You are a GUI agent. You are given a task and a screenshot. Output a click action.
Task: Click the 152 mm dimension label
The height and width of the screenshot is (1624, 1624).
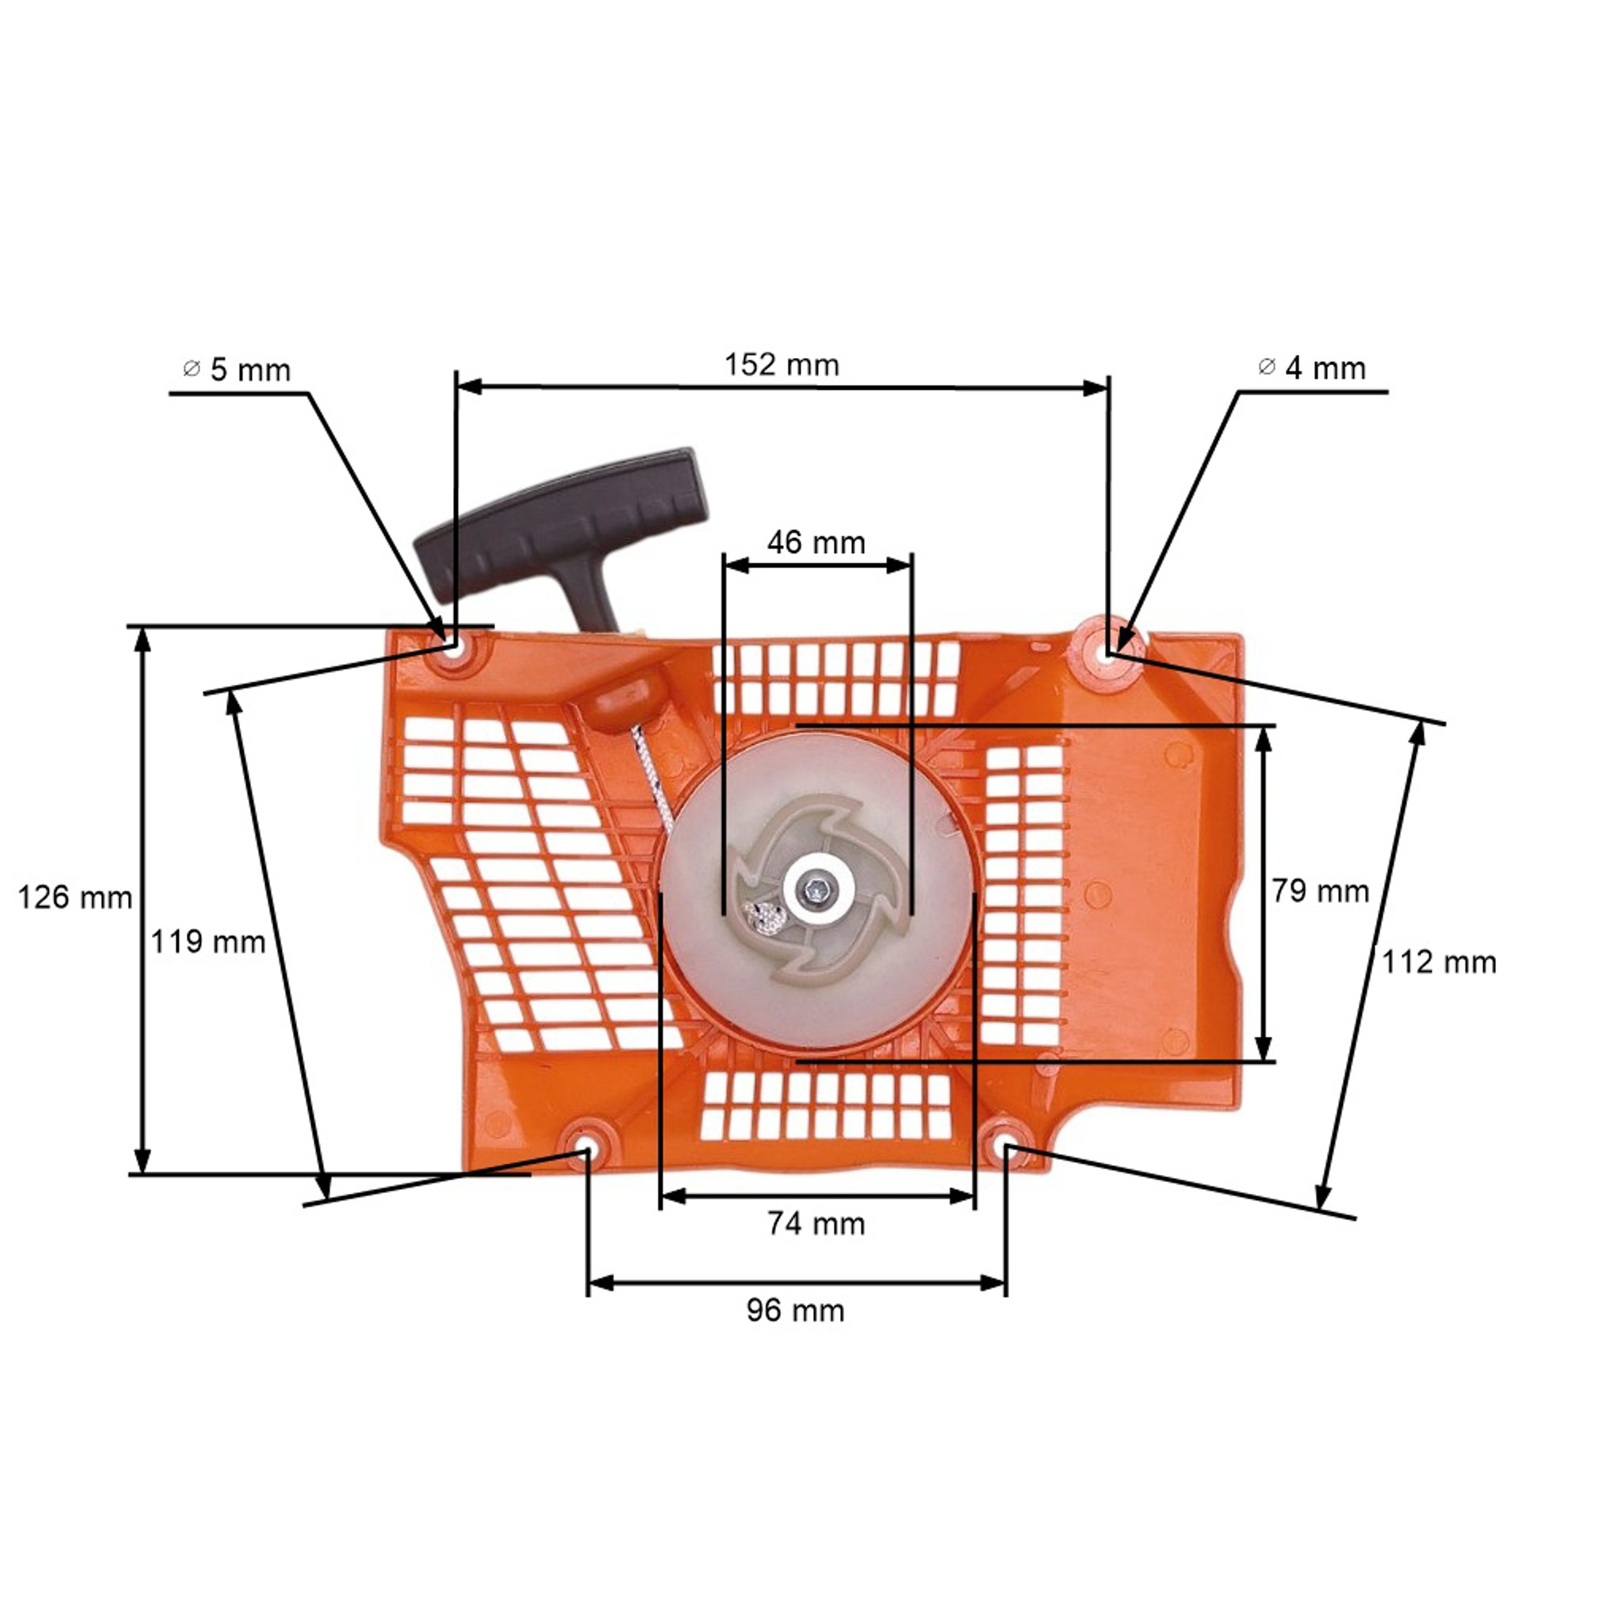pos(782,365)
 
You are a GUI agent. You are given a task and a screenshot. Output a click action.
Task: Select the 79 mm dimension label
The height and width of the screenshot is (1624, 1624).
pos(1320,891)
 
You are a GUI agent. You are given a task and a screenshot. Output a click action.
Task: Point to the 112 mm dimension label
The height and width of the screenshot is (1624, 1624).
pos(1439,962)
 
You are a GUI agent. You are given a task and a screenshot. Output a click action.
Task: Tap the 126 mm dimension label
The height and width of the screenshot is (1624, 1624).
pos(75,898)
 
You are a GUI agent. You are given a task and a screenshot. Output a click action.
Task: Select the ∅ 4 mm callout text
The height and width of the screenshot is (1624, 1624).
pos(1312,368)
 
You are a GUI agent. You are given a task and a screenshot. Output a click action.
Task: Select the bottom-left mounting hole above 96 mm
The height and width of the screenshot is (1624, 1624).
pos(586,1150)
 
